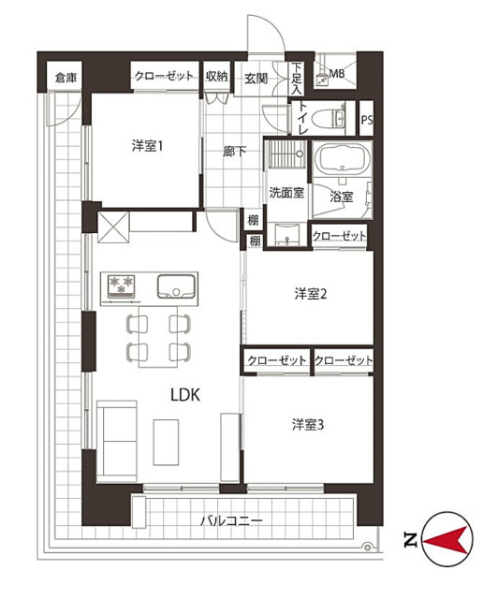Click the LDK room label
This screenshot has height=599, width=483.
[x=185, y=395]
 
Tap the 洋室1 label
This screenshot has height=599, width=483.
[x=148, y=146]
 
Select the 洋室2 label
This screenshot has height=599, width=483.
[x=310, y=294]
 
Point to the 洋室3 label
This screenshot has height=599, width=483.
[x=308, y=424]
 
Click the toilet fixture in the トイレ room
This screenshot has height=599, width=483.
[x=329, y=118]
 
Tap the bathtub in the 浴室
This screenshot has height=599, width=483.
[x=343, y=159]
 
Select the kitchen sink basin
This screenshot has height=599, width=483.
[x=176, y=286]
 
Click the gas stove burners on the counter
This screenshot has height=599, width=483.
[x=122, y=285]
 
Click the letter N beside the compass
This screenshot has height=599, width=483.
[x=411, y=540]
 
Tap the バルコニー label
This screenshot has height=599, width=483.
[x=232, y=520]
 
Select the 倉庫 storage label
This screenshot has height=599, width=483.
[x=66, y=78]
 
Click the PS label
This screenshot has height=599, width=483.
[x=366, y=120]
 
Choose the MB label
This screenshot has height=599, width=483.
[x=337, y=73]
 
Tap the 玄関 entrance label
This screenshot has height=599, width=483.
[x=256, y=79]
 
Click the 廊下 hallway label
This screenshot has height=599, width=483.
[x=234, y=152]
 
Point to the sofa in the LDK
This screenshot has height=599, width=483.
[x=117, y=441]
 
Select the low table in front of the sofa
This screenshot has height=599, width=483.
[x=167, y=442]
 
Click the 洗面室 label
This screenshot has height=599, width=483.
[x=286, y=192]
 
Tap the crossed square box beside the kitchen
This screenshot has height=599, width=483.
[x=113, y=227]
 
